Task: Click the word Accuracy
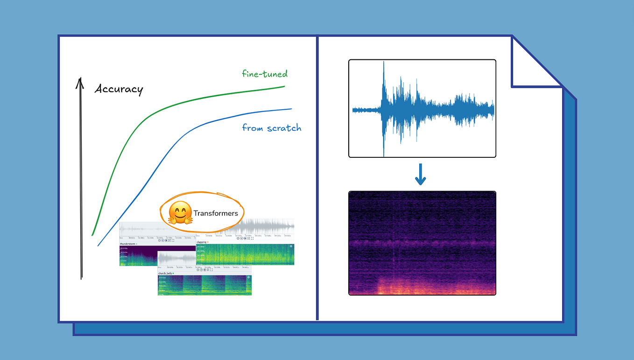point(119,89)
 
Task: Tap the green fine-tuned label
point(265,74)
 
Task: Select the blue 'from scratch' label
point(271,128)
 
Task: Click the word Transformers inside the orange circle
point(216,213)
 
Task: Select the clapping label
point(202,242)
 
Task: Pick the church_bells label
point(165,273)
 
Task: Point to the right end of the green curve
point(285,86)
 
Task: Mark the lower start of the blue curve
point(98,245)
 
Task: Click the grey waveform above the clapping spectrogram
point(261,227)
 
